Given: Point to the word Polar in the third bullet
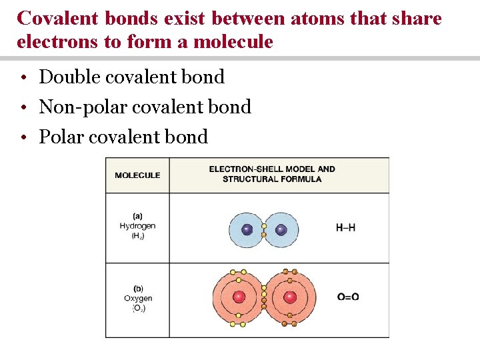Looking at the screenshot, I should (61, 137).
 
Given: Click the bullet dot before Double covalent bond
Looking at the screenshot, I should (23, 78).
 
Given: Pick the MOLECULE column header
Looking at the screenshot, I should (137, 175).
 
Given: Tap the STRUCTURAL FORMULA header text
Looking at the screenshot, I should (272, 179).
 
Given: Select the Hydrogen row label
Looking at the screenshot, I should (137, 226).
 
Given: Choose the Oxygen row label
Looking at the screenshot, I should (138, 298).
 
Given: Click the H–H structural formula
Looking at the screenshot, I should (345, 228).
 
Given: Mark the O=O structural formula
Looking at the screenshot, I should (347, 297).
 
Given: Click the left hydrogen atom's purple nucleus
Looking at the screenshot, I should (247, 230).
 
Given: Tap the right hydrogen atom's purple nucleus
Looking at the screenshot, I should (281, 230).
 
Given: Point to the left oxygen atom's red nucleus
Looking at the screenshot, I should (240, 297).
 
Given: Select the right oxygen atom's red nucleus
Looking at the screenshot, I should (289, 297).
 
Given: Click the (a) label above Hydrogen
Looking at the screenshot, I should (137, 215).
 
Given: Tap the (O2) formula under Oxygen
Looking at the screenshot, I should (138, 308).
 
